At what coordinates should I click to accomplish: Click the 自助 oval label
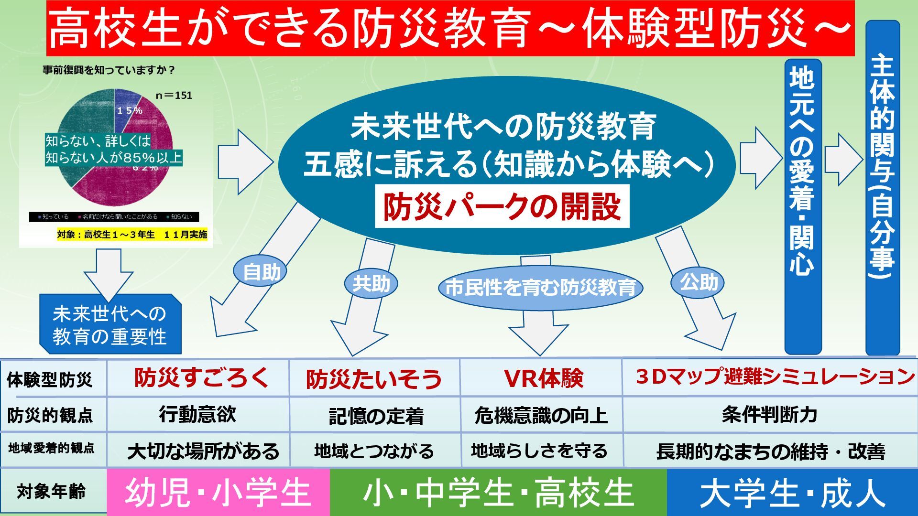click(x=260, y=272)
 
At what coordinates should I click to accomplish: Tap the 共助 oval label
click(x=371, y=284)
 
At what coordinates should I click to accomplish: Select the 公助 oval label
click(x=699, y=282)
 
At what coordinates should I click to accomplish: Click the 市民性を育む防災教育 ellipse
click(x=540, y=288)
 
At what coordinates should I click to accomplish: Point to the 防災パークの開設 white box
click(x=502, y=207)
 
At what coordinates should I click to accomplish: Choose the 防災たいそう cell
click(x=374, y=379)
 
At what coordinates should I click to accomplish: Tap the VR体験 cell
click(x=542, y=378)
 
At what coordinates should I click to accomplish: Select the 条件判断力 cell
click(x=769, y=414)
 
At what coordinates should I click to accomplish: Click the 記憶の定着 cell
click(x=375, y=415)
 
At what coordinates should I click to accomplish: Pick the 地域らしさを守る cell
click(x=542, y=451)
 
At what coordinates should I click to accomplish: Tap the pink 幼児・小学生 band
click(x=218, y=493)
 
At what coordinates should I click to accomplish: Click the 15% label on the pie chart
click(x=130, y=110)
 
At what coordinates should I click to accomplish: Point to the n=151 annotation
click(x=174, y=95)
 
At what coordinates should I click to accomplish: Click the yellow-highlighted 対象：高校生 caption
click(x=132, y=235)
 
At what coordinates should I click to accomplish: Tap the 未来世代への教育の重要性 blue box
click(x=110, y=325)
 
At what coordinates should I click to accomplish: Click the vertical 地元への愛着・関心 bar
click(x=803, y=205)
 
